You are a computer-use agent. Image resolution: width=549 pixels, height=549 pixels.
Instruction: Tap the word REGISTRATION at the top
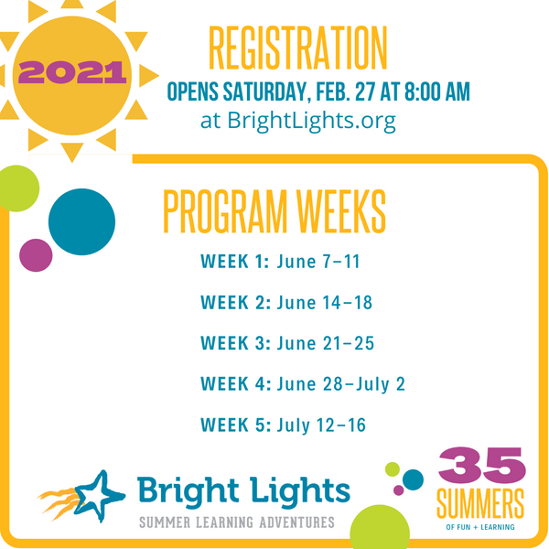click(x=297, y=48)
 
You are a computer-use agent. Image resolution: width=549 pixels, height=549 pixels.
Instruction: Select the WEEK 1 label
click(x=234, y=263)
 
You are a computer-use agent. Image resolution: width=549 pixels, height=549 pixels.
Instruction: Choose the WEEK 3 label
click(x=234, y=343)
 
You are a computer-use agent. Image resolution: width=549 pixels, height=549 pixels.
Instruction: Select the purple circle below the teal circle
click(x=37, y=255)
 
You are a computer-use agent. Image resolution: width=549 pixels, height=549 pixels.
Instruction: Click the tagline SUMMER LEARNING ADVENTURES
click(x=237, y=522)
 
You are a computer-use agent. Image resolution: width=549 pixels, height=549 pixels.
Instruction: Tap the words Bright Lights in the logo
click(x=243, y=490)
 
